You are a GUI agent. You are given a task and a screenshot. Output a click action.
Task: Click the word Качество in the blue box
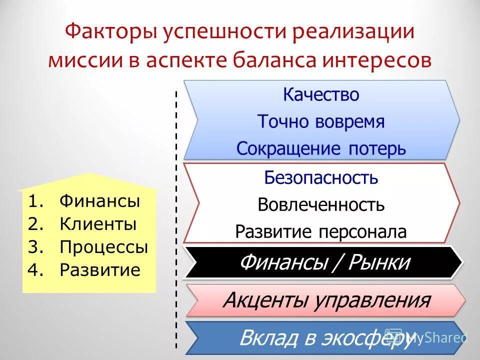(321, 95)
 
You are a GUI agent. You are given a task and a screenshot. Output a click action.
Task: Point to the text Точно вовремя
(321, 121)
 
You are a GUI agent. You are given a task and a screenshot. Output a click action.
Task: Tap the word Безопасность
(321, 178)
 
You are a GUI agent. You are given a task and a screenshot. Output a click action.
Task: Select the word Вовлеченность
(321, 204)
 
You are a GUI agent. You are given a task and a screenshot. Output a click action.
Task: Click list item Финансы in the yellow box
(99, 201)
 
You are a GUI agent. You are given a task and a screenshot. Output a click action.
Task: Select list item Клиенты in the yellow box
(98, 224)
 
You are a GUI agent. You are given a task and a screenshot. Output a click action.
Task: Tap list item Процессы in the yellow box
(103, 247)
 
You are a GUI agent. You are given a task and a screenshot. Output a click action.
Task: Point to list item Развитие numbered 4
(100, 270)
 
